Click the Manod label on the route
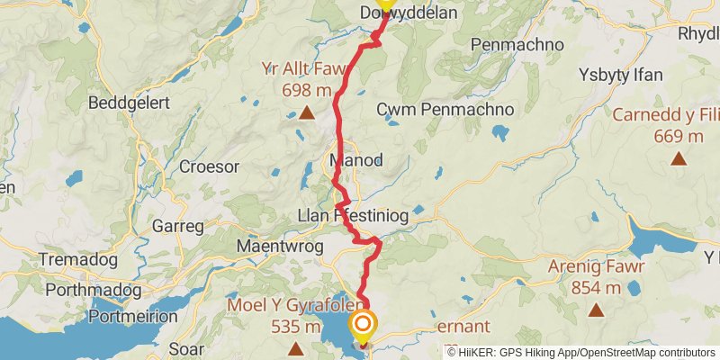(356, 161)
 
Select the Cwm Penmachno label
(445, 109)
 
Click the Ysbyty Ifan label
(621, 74)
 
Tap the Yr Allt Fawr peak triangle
(307, 113)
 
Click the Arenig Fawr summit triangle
(595, 310)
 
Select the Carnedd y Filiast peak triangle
(679, 159)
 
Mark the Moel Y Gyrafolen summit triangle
(295, 348)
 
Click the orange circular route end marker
(364, 326)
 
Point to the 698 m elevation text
(307, 90)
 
